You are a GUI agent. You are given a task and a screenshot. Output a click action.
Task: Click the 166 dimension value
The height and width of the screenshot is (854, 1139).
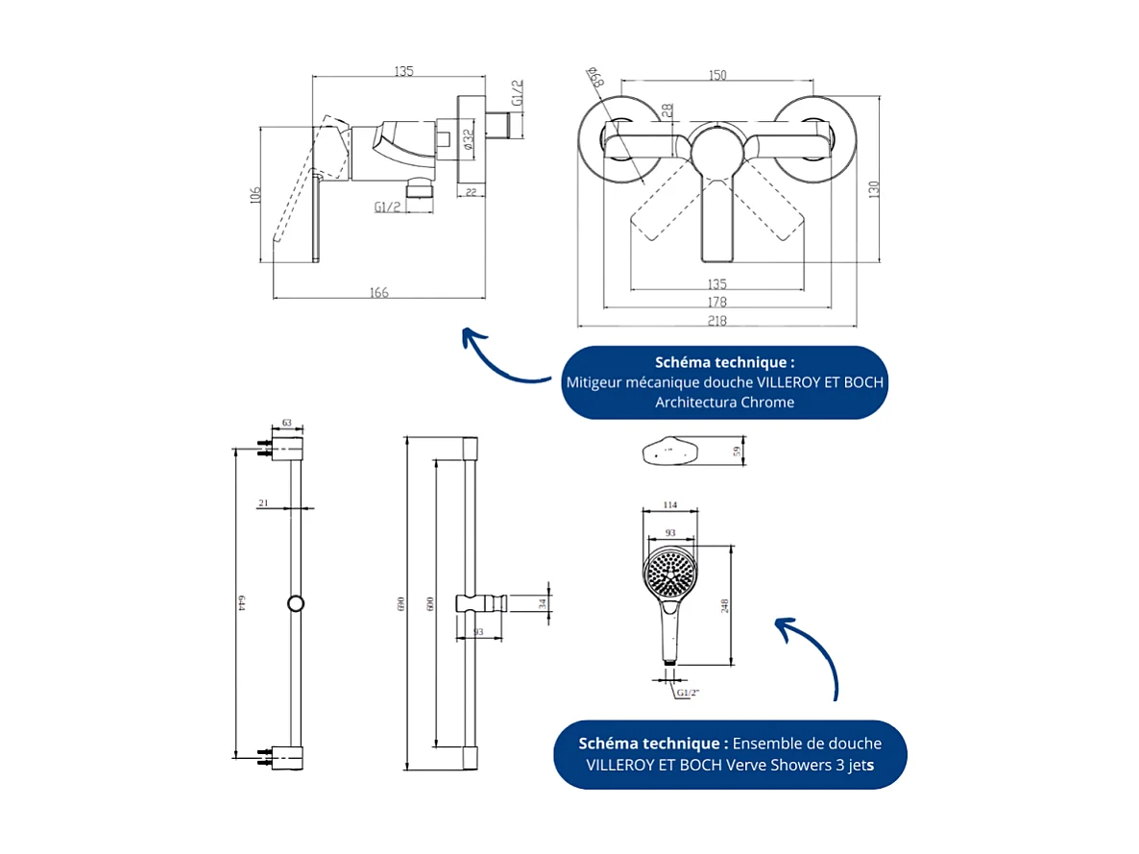pyautogui.click(x=379, y=292)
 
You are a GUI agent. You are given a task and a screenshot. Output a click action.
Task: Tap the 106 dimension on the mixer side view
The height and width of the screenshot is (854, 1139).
pyautogui.click(x=254, y=194)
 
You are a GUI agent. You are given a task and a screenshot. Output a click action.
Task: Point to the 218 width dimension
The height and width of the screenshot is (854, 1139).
pyautogui.click(x=716, y=321)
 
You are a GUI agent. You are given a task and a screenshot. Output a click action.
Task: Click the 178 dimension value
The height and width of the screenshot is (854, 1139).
pyautogui.click(x=716, y=303)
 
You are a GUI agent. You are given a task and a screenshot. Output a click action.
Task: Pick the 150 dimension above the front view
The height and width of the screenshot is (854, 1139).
pyautogui.click(x=716, y=75)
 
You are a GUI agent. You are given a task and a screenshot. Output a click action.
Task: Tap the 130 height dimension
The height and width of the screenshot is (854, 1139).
pyautogui.click(x=874, y=190)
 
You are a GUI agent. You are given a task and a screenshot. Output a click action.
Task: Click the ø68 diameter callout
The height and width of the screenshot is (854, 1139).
pyautogui.click(x=594, y=78)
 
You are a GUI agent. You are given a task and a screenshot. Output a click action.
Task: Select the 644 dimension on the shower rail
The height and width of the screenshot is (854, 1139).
pyautogui.click(x=242, y=603)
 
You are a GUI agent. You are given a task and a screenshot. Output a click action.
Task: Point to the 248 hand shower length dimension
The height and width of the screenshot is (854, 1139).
pyautogui.click(x=725, y=605)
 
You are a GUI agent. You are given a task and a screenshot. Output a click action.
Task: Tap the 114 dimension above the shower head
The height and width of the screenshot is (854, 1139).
pyautogui.click(x=670, y=505)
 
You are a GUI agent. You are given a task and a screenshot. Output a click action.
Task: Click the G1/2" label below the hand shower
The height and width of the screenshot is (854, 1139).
pyautogui.click(x=688, y=693)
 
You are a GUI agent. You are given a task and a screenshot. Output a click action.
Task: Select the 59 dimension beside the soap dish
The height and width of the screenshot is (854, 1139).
pyautogui.click(x=738, y=451)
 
